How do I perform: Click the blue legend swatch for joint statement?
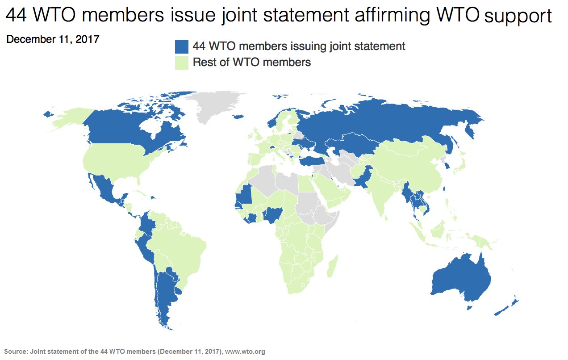[182, 46]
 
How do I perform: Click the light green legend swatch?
[182, 63]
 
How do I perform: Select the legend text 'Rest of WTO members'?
[251, 63]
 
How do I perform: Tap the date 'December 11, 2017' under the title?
[53, 39]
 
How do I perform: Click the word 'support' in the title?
[518, 17]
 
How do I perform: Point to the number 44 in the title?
[16, 16]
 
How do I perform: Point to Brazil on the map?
[183, 246]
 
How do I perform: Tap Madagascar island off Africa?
[332, 266]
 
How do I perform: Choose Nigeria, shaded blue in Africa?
[272, 216]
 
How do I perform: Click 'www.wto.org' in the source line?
[245, 352]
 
